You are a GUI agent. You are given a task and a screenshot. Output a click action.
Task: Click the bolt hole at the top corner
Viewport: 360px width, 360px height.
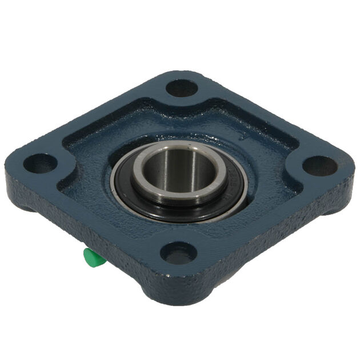[x=182, y=88]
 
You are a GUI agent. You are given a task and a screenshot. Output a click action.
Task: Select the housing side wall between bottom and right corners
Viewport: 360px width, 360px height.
[x=269, y=246]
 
